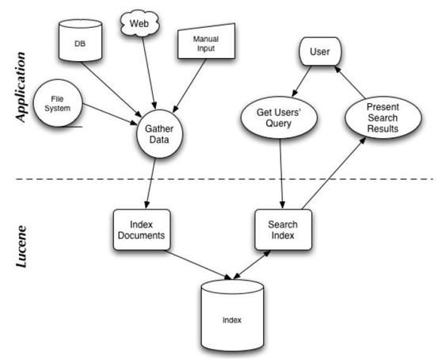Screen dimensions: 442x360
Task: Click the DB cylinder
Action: (x=80, y=40)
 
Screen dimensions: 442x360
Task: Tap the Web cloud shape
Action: (x=139, y=24)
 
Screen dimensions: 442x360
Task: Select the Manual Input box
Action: (x=206, y=41)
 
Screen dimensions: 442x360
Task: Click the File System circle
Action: (x=58, y=103)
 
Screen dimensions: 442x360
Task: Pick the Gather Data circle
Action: (x=159, y=134)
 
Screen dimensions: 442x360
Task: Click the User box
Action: (x=320, y=52)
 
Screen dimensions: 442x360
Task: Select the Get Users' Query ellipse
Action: (x=279, y=118)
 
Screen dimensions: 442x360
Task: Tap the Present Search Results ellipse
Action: (x=383, y=118)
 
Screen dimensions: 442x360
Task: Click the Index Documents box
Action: (x=142, y=230)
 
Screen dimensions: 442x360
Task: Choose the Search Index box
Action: (x=283, y=230)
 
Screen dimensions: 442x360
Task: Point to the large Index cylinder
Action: (x=232, y=315)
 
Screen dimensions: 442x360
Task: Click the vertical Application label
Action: (x=21, y=87)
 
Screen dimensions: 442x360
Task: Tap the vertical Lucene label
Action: (x=21, y=247)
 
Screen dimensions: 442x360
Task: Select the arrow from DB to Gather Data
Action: (x=112, y=89)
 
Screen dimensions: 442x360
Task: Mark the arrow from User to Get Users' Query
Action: (x=302, y=81)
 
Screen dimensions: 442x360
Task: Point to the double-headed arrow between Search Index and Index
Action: (x=251, y=264)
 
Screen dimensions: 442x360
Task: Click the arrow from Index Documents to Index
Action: (x=199, y=265)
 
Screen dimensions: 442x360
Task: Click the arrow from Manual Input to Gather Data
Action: (x=189, y=86)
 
